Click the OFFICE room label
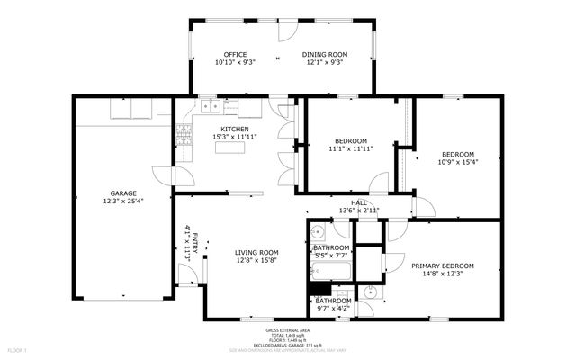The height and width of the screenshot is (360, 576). [235, 55]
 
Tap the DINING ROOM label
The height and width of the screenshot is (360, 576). [325, 55]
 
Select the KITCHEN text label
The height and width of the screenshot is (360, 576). [235, 130]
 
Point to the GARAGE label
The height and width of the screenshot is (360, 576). [123, 193]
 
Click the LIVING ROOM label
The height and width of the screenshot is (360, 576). [256, 252]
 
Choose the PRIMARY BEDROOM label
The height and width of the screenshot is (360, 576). [442, 265]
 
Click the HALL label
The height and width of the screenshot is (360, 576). [358, 202]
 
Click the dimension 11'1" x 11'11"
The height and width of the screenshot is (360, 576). [350, 148]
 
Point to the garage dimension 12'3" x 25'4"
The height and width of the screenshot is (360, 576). [123, 201]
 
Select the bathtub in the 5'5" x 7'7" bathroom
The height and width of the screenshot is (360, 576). [330, 271]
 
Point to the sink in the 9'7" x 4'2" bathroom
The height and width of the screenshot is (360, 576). [370, 292]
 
